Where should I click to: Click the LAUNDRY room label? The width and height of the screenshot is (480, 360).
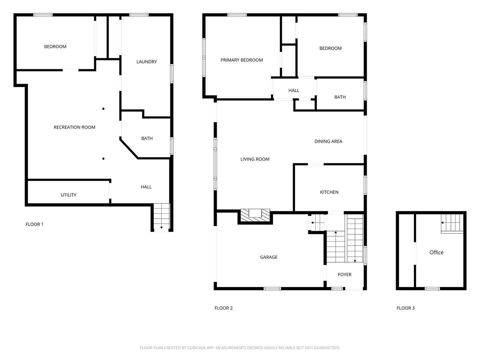[x=147, y=62]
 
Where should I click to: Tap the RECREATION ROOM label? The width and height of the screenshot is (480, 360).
[x=74, y=127]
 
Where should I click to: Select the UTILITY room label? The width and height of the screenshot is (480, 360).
[x=68, y=195]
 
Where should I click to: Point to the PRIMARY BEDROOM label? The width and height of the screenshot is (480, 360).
[x=242, y=60]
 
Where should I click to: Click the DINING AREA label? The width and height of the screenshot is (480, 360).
[x=328, y=141]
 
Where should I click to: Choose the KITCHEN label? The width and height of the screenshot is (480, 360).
[x=329, y=192]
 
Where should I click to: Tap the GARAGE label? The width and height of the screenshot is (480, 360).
[x=269, y=257]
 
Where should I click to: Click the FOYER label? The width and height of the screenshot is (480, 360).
[x=344, y=275]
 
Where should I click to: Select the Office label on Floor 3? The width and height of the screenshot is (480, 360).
[x=436, y=252]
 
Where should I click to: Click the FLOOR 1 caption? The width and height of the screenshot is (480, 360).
[x=34, y=224]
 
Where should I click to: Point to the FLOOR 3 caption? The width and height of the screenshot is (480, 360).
[x=405, y=308]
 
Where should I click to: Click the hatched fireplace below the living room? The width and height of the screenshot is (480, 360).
[x=255, y=216]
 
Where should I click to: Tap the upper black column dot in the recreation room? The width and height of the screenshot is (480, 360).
[x=103, y=109]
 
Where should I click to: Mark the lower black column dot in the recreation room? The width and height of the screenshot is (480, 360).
[x=103, y=159]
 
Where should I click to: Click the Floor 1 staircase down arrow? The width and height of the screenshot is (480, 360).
[x=161, y=228]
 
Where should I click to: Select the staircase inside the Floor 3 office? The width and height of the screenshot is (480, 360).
[x=452, y=223]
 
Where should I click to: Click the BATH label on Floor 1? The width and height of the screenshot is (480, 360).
[x=147, y=138]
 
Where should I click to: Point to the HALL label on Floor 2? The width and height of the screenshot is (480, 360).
[x=294, y=90]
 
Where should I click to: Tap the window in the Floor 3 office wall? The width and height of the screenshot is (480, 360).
[x=432, y=289]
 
